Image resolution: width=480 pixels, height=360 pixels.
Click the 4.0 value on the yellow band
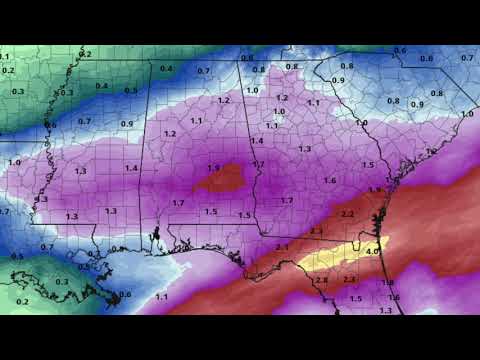tap(372, 252)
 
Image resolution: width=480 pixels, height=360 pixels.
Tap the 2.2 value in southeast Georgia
tap(348, 215)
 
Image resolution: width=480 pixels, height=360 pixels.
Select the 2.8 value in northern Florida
tap(321, 280)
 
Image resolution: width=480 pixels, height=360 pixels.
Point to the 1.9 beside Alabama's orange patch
tap(214, 168)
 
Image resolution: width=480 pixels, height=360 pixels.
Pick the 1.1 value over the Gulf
tap(162, 297)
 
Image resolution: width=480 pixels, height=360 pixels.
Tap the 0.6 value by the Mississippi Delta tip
tap(125, 294)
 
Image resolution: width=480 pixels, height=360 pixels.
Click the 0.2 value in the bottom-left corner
tap(22, 300)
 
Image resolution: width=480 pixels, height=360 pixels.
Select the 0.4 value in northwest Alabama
tap(166, 68)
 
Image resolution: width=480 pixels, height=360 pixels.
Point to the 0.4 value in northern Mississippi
tap(101, 86)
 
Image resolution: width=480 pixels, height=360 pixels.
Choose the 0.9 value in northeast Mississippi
tap(127, 123)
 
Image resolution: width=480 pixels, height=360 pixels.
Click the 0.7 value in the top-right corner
tap(466, 58)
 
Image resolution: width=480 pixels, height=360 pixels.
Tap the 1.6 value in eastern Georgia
tap(330, 180)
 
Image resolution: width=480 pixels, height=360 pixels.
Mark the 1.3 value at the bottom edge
tap(386, 311)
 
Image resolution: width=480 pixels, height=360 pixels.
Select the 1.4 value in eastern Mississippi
tap(132, 168)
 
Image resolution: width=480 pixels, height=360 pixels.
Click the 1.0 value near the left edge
tap(14, 162)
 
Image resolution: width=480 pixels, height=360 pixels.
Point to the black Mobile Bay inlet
tap(157, 238)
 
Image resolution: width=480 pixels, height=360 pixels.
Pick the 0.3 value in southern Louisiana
tap(62, 282)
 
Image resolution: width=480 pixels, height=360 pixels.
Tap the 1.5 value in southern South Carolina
tap(368, 164)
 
